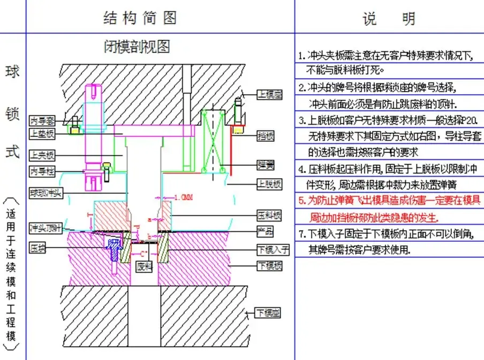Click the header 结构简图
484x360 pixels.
[140, 18]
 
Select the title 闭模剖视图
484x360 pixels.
[137, 47]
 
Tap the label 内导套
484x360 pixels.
[42, 120]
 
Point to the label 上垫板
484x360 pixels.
[42, 133]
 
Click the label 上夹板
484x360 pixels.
[42, 156]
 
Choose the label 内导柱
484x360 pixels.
[42, 171]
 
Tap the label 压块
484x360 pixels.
[37, 248]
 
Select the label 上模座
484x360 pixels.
[269, 95]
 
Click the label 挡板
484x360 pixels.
[266, 136]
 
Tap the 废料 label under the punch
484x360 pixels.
[145, 265]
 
